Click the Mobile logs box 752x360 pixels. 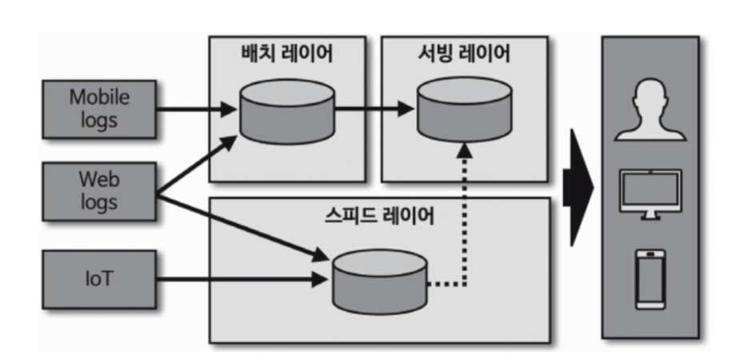pos(98,109)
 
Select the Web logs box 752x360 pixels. pos(98,190)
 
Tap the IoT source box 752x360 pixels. pos(98,278)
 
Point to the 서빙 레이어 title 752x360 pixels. pos(464,54)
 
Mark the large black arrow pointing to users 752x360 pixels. pos(577,187)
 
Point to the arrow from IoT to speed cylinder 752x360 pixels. pos(240,279)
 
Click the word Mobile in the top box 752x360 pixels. pos(98,98)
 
